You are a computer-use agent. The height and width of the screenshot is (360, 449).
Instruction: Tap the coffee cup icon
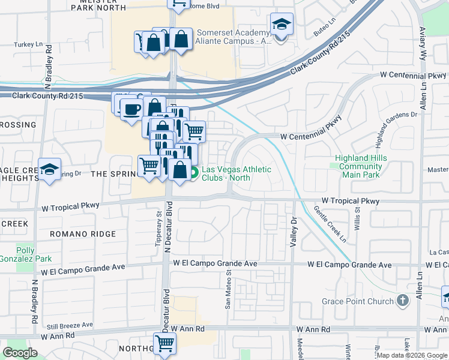(x=131, y=109)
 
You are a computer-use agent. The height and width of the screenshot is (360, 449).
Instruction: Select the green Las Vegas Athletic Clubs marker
(x=194, y=174)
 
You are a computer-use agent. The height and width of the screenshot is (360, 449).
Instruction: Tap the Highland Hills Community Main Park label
(x=361, y=166)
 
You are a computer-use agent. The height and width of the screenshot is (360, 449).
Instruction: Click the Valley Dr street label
(x=294, y=232)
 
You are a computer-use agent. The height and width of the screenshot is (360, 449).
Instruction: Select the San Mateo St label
(x=228, y=289)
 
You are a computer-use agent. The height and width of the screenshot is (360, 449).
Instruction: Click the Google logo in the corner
(x=20, y=352)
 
